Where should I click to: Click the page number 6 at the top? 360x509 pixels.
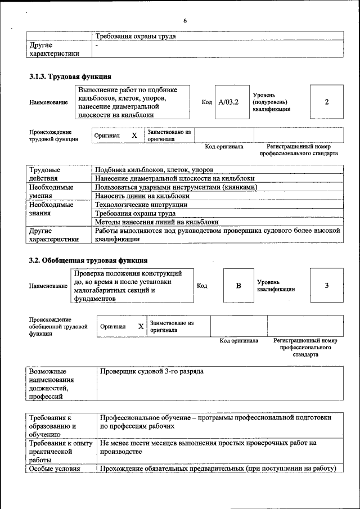click(184, 21)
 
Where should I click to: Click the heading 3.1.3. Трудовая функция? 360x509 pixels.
click(70, 76)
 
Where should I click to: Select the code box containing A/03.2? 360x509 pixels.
click(229, 102)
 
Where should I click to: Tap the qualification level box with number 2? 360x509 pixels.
click(327, 102)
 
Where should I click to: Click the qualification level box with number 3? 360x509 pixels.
click(327, 286)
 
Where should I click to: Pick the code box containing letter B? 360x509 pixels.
click(238, 286)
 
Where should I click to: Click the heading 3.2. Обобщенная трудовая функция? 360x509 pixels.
click(88, 260)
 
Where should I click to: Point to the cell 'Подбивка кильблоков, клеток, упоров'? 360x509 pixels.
click(154, 170)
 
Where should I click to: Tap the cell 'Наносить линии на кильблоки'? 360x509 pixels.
click(142, 196)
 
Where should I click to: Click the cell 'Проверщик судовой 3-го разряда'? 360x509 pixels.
click(152, 372)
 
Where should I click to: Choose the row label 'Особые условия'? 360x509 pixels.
click(51, 469)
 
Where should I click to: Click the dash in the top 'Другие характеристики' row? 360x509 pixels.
click(97, 45)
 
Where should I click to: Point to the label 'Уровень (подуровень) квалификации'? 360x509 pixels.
click(272, 102)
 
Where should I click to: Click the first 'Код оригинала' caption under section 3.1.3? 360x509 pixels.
click(224, 146)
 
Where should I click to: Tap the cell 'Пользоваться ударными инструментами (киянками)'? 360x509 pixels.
click(176, 187)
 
